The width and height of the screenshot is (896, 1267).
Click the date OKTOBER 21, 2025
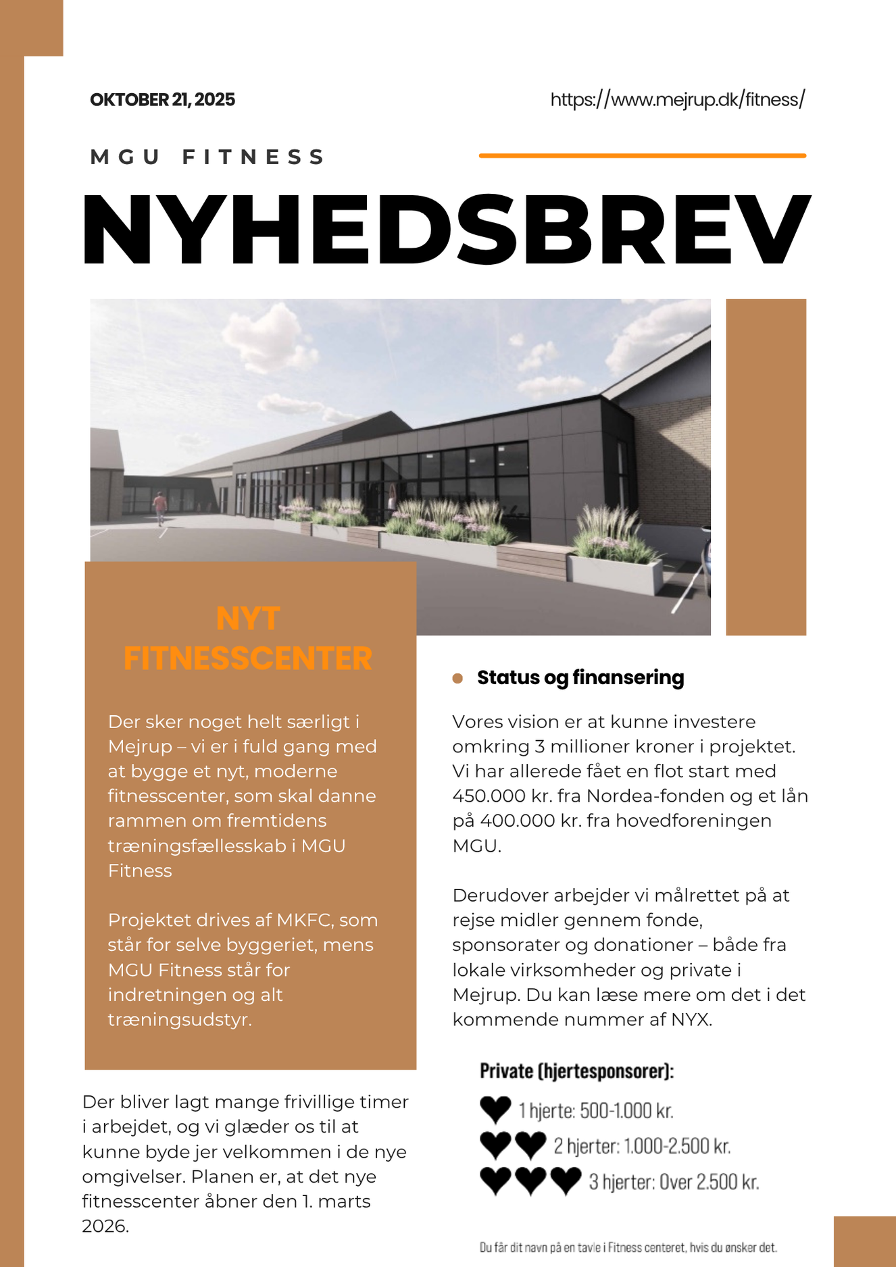[x=162, y=100]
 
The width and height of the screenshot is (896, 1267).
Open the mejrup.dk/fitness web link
[x=677, y=100]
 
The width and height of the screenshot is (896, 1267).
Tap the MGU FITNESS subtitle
[x=208, y=157]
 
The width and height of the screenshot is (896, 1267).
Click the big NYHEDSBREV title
[x=446, y=230]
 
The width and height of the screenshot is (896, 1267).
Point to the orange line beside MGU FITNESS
[x=642, y=155]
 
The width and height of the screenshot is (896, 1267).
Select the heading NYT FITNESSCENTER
[x=248, y=638]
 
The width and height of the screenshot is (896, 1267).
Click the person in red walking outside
[x=159, y=507]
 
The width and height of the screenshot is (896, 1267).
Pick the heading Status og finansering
[x=580, y=677]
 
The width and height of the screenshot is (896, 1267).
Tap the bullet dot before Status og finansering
[x=457, y=678]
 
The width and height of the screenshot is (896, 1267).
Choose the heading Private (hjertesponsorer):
[x=576, y=1071]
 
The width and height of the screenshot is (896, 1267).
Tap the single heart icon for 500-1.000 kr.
[x=495, y=1110]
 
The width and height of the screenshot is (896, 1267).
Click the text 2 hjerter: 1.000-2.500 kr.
[x=642, y=1146]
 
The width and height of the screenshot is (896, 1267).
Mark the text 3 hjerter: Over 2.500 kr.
[x=674, y=1182]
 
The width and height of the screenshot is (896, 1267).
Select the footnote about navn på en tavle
[x=628, y=1247]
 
